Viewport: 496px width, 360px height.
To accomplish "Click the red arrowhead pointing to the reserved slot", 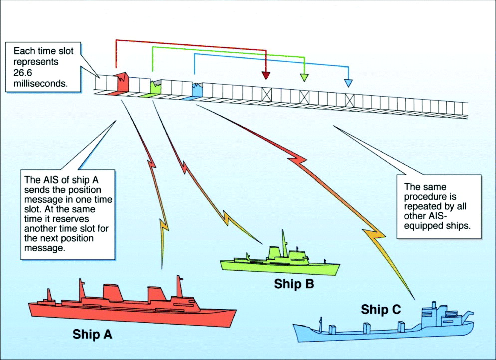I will coord(266,76).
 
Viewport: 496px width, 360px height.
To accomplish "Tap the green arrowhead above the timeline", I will coord(304,77).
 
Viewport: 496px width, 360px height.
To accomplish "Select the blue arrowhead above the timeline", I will coord(348,82).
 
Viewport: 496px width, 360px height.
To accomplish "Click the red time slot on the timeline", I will coord(122,83).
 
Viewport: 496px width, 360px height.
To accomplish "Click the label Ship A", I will coord(92,334).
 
